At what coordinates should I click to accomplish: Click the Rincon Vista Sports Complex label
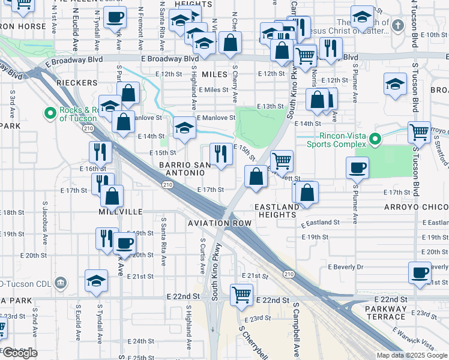[336, 140]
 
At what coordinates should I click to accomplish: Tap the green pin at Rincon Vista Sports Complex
[375, 139]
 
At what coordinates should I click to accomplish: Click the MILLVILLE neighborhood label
[121, 212]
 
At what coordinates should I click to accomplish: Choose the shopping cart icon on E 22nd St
[241, 295]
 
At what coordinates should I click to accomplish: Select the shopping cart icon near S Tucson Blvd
[418, 131]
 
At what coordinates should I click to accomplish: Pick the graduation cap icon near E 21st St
[97, 281]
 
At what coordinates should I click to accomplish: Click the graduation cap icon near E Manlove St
[184, 127]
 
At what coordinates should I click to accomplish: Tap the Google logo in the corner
[20, 353]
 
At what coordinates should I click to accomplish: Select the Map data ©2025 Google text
[412, 355]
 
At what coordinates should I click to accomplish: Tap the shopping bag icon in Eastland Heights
[306, 193]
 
